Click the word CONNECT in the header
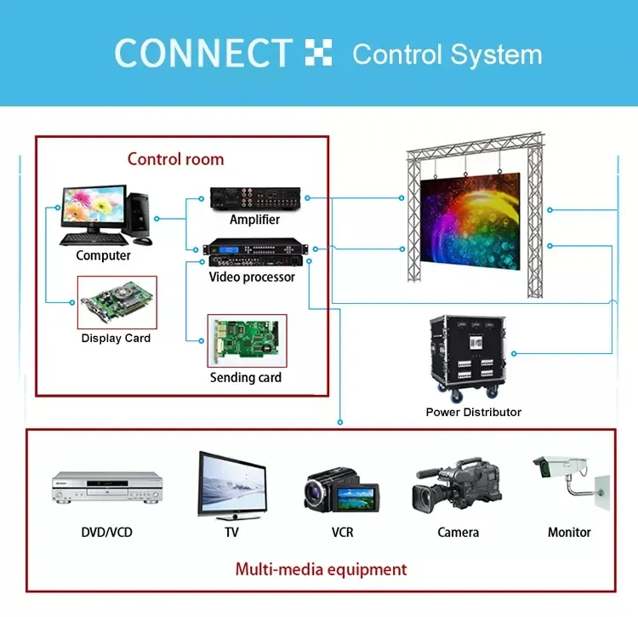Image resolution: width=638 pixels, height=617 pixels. [203, 54]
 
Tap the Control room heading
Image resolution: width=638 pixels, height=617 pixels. [175, 159]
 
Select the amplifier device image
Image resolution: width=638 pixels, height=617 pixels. [254, 199]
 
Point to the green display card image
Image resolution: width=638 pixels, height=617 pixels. [117, 302]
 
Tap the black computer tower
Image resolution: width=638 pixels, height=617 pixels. [138, 213]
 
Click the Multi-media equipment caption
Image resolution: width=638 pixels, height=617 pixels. [321, 569]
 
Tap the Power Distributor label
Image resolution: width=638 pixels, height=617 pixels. [473, 412]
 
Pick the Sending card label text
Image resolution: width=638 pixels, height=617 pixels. [246, 377]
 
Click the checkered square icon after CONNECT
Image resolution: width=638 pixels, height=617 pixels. [318, 53]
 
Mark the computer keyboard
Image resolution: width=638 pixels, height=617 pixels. [89, 238]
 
